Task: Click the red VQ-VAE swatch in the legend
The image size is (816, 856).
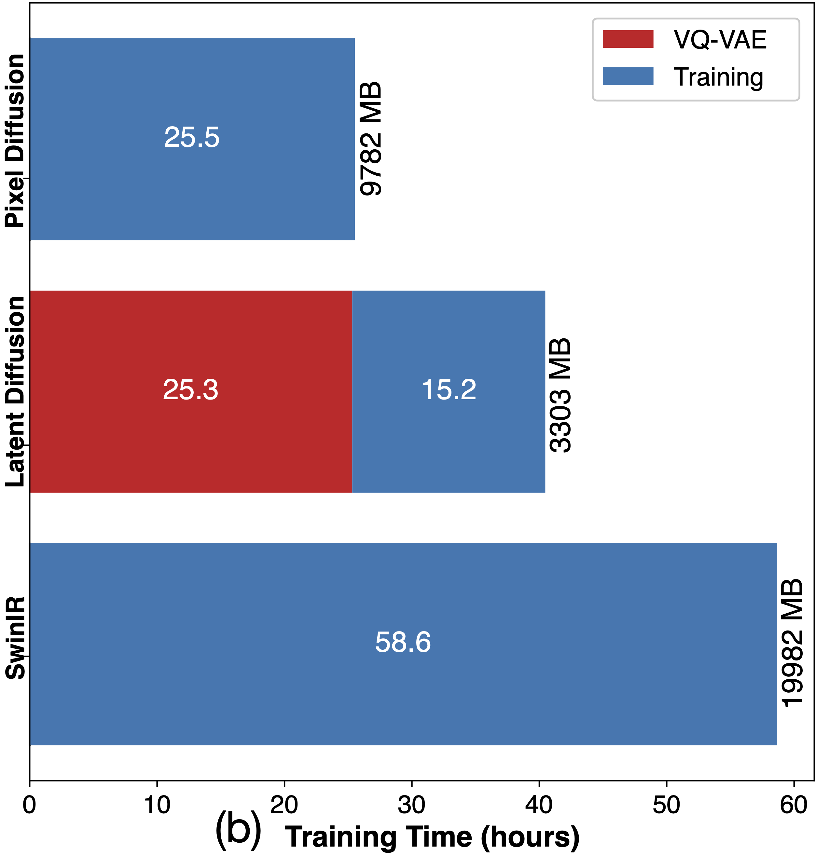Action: tap(628, 39)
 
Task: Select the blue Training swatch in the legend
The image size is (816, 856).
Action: tap(628, 76)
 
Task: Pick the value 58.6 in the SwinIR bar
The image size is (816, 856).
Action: tap(403, 642)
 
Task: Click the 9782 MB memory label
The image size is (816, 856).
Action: tap(371, 138)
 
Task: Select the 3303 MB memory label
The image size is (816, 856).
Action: tap(560, 395)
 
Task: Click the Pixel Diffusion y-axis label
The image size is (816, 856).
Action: tap(15, 141)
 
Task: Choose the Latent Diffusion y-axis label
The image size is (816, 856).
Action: tap(15, 391)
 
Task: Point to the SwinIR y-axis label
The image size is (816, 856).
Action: tap(15, 638)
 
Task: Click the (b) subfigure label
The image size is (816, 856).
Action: tap(238, 829)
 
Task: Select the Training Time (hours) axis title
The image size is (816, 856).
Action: tap(432, 837)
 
